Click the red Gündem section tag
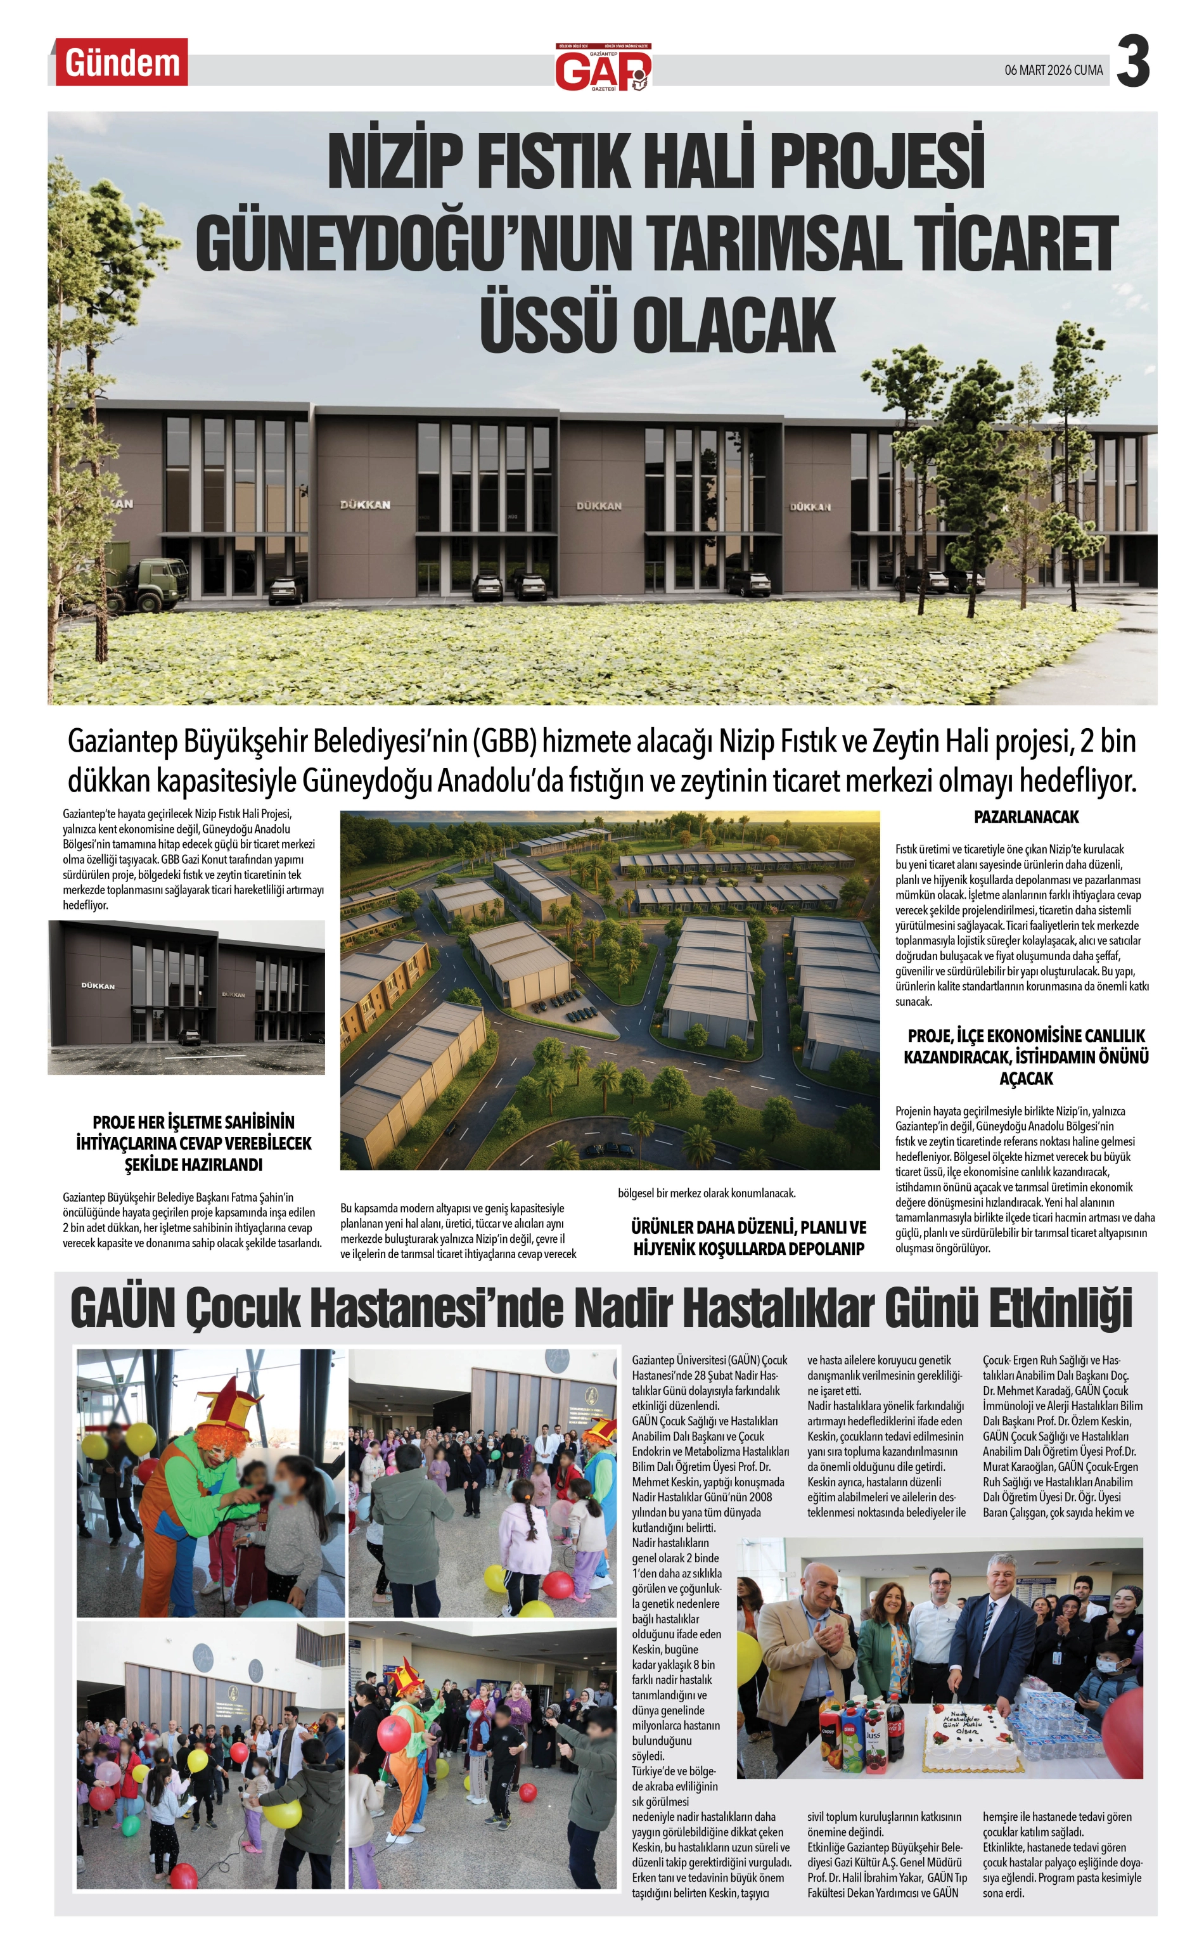[x=121, y=63]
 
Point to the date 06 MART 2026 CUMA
[x=1053, y=71]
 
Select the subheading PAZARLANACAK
[x=1026, y=818]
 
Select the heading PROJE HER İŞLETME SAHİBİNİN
[x=193, y=1122]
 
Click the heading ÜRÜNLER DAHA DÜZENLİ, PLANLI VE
[x=748, y=1227]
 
